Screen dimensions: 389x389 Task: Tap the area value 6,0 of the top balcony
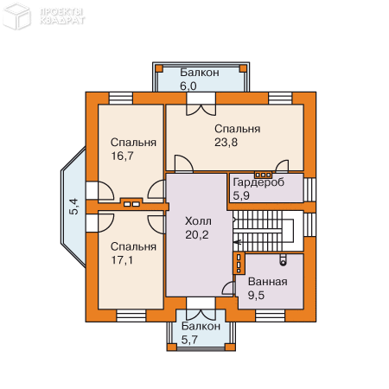point(188,86)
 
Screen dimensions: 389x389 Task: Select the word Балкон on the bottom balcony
point(200,327)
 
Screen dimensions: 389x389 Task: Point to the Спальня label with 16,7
point(133,143)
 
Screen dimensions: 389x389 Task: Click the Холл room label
point(198,220)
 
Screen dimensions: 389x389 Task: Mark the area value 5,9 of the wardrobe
point(240,195)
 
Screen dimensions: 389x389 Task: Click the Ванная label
point(267,282)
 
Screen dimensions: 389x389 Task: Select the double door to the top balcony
point(201,109)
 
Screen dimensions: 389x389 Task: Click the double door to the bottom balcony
point(200,304)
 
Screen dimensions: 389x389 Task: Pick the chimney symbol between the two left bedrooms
point(131,204)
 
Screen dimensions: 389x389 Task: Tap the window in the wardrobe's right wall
point(310,189)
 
